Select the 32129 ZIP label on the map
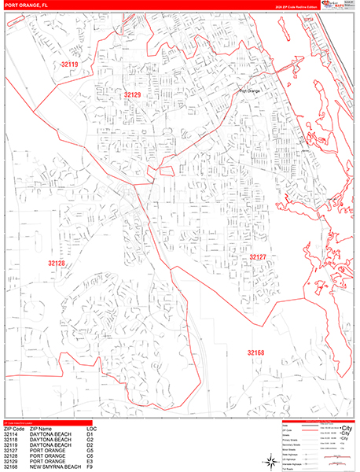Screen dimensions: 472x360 click(132, 94)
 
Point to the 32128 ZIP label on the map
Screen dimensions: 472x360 click(57, 263)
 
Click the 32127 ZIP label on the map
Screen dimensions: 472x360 click(259, 257)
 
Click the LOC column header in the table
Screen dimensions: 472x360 click(91, 428)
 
